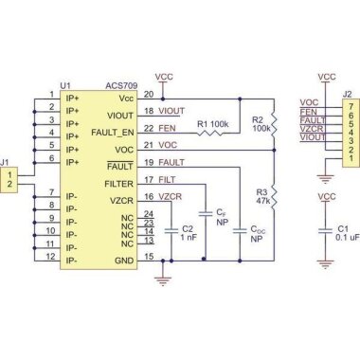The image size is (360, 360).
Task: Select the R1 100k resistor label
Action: [x=212, y=124]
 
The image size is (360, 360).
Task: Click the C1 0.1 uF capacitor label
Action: [x=344, y=233]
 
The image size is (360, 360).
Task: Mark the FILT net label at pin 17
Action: [x=167, y=180]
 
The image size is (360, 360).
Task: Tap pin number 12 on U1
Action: [x=52, y=257]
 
